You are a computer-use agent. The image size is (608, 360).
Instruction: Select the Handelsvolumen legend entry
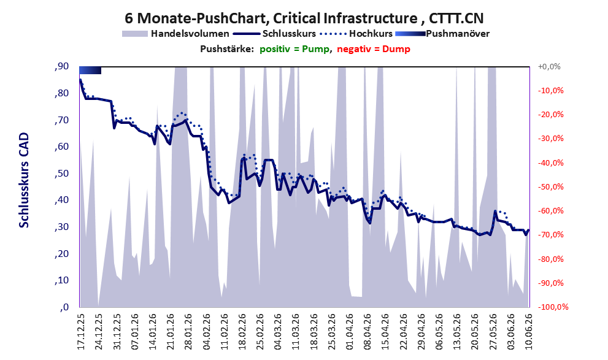tap(175, 34)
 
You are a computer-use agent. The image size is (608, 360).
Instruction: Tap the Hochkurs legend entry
tap(356, 34)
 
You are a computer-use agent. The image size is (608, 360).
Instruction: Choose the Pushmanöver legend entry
tap(442, 34)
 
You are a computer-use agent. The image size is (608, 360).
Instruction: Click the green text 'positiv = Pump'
tap(294, 49)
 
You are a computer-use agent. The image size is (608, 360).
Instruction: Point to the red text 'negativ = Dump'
tap(374, 49)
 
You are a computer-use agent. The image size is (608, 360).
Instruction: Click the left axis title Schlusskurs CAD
tap(24, 180)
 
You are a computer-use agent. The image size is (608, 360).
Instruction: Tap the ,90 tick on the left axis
tap(62, 67)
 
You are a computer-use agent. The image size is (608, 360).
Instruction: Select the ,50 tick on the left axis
tap(62, 174)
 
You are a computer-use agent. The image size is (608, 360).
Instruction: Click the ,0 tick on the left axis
tap(64, 307)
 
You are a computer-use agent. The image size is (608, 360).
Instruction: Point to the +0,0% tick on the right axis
tap(549, 67)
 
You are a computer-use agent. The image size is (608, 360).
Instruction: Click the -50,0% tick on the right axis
tap(550, 187)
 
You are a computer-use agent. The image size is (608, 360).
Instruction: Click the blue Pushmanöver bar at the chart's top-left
tap(90, 70)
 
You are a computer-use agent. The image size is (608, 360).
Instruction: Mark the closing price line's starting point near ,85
tap(80, 80)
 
